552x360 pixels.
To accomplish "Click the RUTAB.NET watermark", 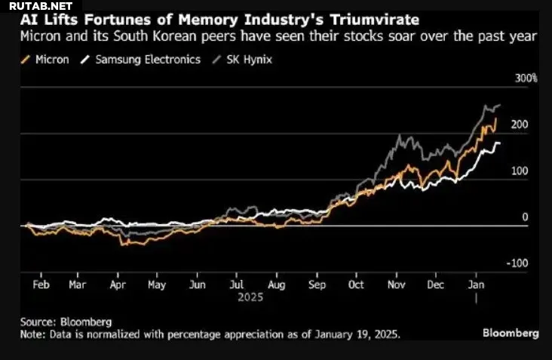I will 36,7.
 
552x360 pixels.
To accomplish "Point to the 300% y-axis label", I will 526,78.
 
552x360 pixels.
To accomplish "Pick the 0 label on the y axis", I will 525,217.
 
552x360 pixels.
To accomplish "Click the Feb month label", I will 41,285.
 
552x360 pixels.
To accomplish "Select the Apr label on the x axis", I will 117,285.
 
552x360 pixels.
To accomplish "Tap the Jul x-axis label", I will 236,285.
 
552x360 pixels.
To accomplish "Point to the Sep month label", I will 317,285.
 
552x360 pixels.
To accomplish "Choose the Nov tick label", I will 396,285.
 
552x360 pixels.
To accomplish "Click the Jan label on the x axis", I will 475,285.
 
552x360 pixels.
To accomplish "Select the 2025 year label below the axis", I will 250,298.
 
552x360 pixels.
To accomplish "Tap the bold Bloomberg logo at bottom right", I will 511,333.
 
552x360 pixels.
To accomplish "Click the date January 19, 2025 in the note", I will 354,334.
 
